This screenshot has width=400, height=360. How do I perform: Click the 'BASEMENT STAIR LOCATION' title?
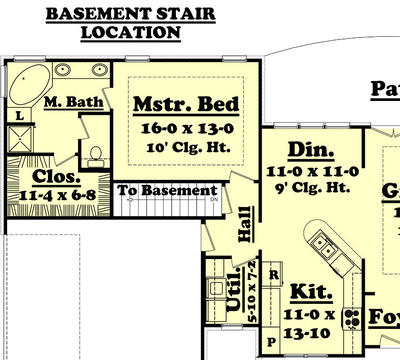tap(131, 23)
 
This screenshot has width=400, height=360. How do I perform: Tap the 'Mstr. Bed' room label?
tap(186, 104)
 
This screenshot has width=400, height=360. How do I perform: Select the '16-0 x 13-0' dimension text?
tap(187, 128)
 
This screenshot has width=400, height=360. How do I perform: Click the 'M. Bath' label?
tap(73, 102)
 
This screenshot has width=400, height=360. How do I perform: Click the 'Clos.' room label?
tap(57, 177)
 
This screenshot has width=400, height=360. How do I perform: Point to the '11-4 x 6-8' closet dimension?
tap(58, 195)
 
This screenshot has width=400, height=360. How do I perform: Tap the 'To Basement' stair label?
tap(167, 191)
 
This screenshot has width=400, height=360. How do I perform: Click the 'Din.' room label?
tap(311, 150)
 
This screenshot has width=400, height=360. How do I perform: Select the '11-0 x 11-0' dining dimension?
tap(312, 171)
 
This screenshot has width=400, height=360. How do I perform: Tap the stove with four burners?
tap(351, 317)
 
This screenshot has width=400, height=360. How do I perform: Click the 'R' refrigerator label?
tap(273, 275)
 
